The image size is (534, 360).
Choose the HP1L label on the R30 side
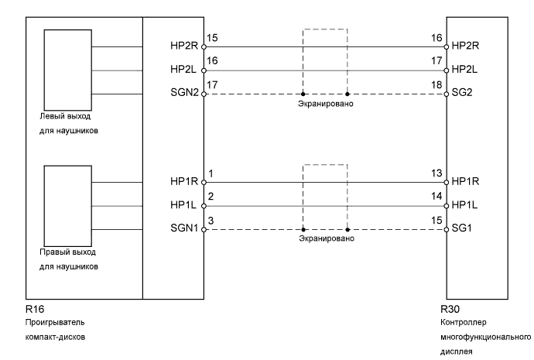[x=465, y=206]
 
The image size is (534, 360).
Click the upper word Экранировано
[x=326, y=103]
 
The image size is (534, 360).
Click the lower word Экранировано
[x=326, y=239]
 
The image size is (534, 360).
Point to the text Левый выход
[x=64, y=116]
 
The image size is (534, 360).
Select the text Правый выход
[x=67, y=252]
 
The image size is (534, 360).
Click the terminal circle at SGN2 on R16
[x=204, y=94]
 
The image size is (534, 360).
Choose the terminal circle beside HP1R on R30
[x=447, y=183]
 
